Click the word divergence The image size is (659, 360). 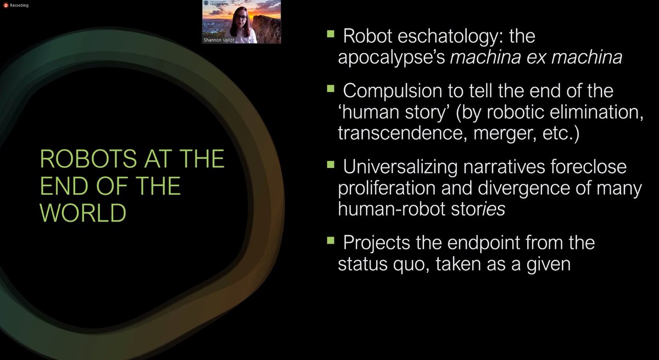click(521, 188)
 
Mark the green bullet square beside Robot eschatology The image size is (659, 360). click(331, 34)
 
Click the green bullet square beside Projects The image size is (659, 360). click(331, 239)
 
